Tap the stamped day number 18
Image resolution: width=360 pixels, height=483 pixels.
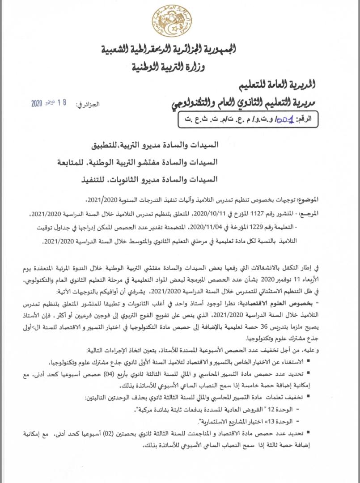pos(62,102)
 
